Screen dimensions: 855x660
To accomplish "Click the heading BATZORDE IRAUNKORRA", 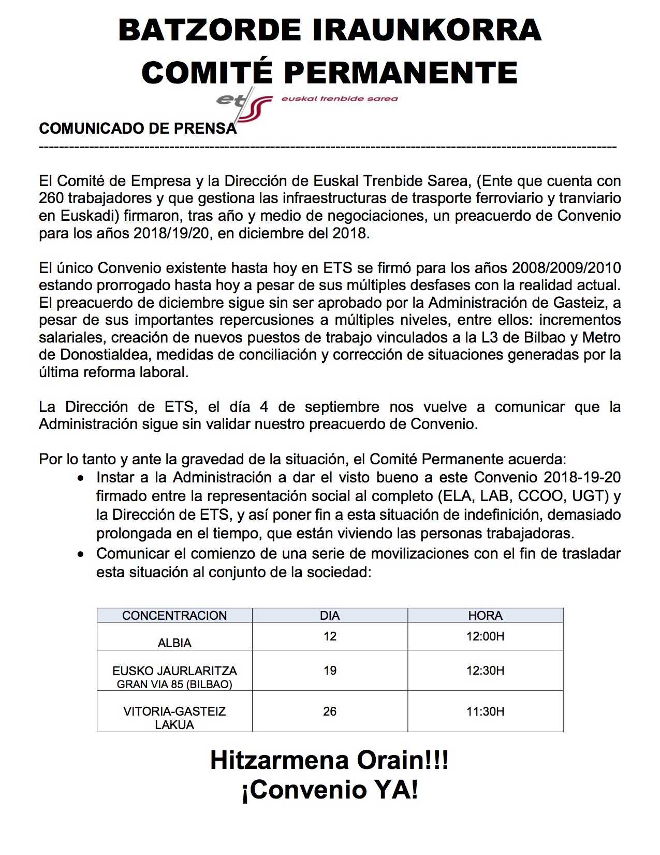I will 330,30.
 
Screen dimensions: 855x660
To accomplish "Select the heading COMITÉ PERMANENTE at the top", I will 330,72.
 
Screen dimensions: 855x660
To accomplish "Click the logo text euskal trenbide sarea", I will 339,98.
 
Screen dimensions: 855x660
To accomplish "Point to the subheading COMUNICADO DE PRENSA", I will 138,129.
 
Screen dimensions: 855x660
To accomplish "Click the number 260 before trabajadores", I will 51,198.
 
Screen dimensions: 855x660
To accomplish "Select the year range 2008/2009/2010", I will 566,268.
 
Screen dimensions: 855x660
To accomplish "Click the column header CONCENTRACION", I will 174,615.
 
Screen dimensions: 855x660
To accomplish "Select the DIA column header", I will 330,615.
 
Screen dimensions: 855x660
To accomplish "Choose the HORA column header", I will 485,615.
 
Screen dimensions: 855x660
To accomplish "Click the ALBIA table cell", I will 174,643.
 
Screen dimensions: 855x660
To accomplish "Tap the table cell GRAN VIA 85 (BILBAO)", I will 174,684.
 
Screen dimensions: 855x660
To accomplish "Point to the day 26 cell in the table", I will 330,711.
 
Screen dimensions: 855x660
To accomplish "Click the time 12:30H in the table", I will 485,671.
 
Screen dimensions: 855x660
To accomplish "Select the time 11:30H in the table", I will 485,711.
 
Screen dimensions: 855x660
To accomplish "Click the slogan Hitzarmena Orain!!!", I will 329,760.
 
